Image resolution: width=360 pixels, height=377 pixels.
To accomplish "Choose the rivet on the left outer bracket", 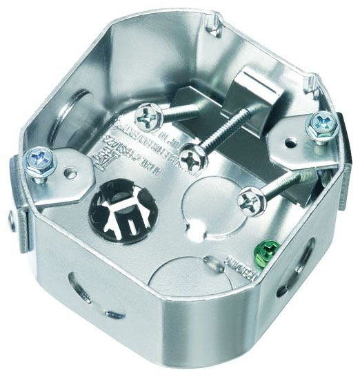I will tap(12, 220).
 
